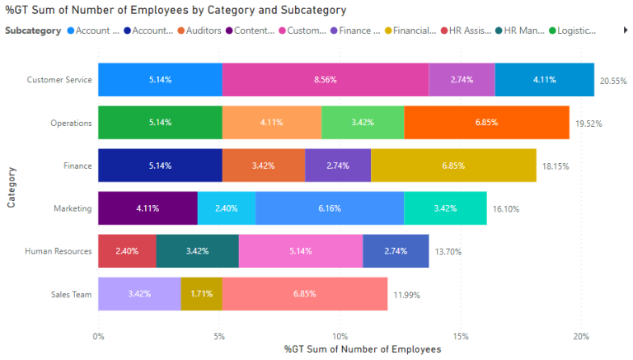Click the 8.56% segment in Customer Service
[x=326, y=80]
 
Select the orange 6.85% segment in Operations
[x=486, y=123]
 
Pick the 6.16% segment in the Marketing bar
[x=330, y=208]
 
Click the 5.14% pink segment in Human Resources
[x=301, y=251]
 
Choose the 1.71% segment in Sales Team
[x=201, y=294]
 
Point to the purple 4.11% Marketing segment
[x=148, y=208]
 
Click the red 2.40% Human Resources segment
[x=127, y=251]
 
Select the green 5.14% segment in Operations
[x=160, y=123]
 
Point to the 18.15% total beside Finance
[x=556, y=166]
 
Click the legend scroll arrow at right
[x=625, y=30]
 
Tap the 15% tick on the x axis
[x=461, y=336]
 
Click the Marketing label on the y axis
[x=74, y=208]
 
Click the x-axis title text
[x=363, y=349]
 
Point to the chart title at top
[x=175, y=10]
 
